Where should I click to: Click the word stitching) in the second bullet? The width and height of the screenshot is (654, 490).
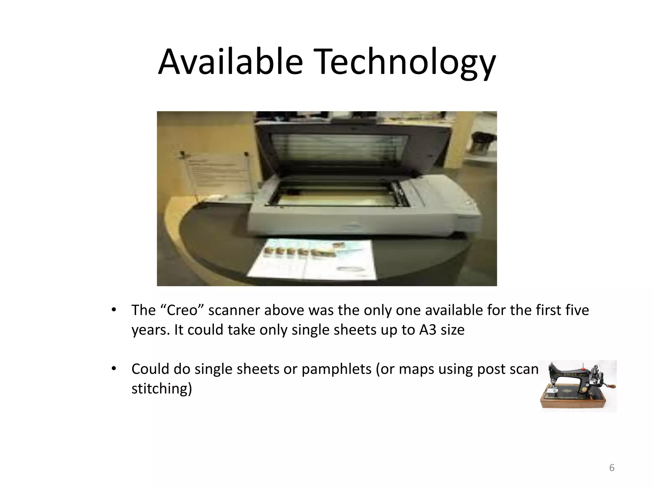click(x=162, y=389)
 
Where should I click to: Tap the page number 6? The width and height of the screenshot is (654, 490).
click(x=612, y=468)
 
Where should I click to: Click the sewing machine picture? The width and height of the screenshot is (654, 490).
click(x=577, y=386)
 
